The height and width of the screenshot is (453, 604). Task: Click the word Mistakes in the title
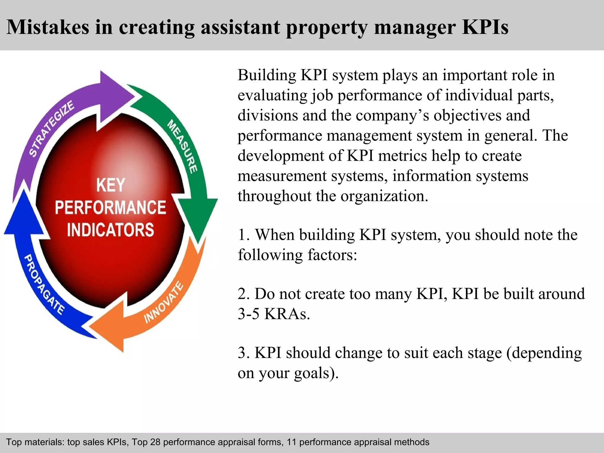[47, 27]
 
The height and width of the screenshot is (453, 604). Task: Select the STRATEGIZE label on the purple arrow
[51, 128]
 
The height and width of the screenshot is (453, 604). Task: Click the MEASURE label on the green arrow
[182, 147]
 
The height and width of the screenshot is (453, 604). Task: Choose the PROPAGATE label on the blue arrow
[44, 285]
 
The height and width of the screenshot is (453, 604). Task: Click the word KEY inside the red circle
[111, 185]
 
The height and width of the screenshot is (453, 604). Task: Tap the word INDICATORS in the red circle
[111, 230]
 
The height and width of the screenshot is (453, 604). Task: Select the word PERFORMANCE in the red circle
[111, 207]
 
